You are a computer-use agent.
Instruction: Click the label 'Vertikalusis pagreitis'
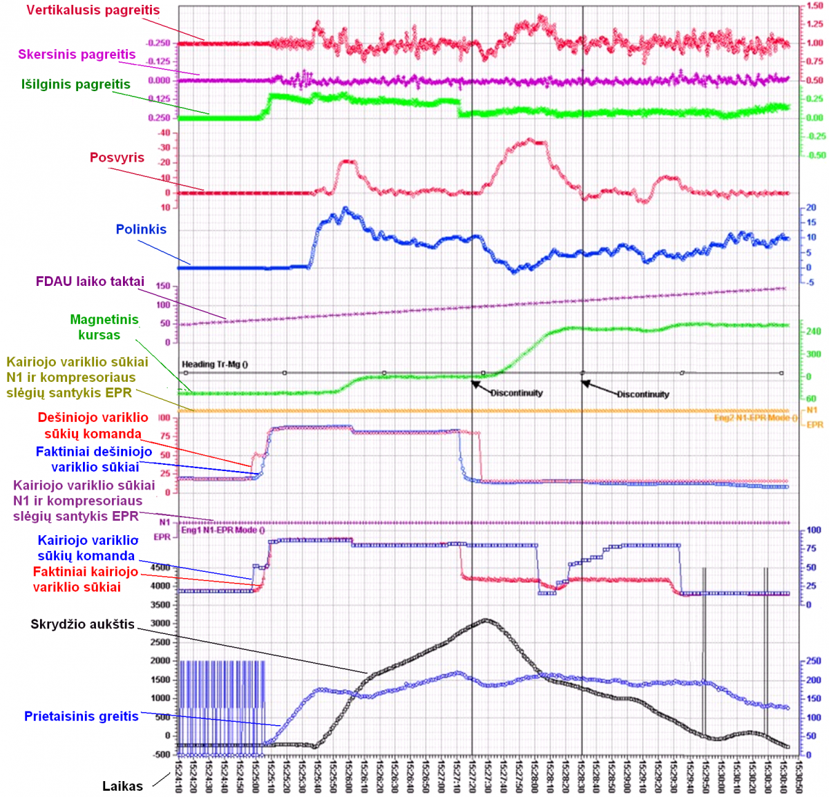pos(93,10)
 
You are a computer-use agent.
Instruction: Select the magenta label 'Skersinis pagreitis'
pos(77,55)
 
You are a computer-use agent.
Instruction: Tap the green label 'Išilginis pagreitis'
pos(76,84)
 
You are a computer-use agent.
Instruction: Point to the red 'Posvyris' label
pos(117,157)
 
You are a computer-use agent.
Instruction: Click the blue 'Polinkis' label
pos(141,229)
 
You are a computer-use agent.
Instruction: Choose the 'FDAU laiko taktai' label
pos(90,281)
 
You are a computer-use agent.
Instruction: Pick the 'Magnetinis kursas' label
pos(104,327)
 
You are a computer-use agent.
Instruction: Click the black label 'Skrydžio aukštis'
pos(82,624)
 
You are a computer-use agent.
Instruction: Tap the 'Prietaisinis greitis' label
pos(82,716)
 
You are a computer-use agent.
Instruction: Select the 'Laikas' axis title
pos(122,786)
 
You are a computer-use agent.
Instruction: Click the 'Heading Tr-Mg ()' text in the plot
pos(215,364)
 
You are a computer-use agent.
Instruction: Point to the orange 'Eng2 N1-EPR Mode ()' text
pos(755,418)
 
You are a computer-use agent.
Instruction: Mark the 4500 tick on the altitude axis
pos(160,568)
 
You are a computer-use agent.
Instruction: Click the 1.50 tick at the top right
pos(814,6)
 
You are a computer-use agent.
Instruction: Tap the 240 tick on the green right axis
pos(813,332)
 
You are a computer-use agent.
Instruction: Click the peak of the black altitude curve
pos(487,620)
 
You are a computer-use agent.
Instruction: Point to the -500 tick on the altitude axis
pos(161,755)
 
